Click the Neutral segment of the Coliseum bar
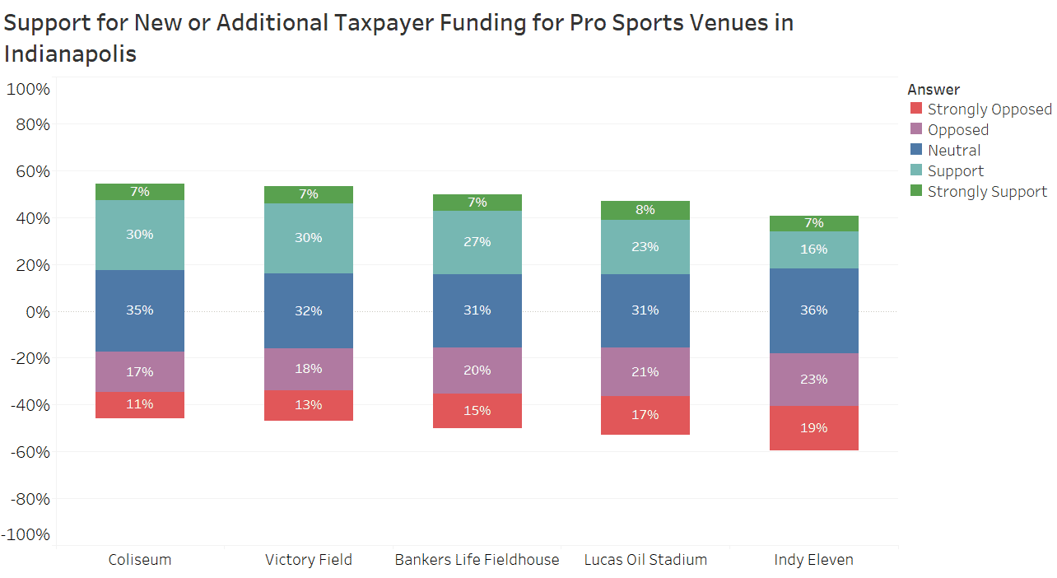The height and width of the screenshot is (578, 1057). [x=140, y=310]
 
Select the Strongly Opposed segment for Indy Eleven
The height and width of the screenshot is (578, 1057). [x=813, y=428]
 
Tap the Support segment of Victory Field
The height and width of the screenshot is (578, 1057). [x=309, y=238]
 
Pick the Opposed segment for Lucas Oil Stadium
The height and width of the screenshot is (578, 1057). [x=645, y=371]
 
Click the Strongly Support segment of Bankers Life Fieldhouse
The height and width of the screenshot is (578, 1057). [x=477, y=203]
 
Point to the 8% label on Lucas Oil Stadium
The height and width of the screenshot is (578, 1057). [x=645, y=210]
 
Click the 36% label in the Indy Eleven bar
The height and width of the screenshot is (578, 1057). [x=813, y=310]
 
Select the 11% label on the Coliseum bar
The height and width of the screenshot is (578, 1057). [x=140, y=404]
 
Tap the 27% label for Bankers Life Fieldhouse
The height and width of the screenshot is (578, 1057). [x=477, y=242]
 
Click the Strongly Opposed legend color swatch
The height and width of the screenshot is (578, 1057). [x=915, y=109]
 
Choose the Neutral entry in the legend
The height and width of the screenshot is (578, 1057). [x=954, y=150]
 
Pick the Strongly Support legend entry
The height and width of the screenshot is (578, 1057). [x=987, y=191]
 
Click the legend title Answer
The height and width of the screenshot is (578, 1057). [x=934, y=89]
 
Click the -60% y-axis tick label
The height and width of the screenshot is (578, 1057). [x=30, y=452]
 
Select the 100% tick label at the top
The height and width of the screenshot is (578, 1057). [x=29, y=89]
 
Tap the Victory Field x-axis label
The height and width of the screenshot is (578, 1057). [x=309, y=560]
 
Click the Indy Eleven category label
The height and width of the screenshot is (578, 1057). [x=813, y=560]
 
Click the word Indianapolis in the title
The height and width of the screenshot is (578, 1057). [x=70, y=54]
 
